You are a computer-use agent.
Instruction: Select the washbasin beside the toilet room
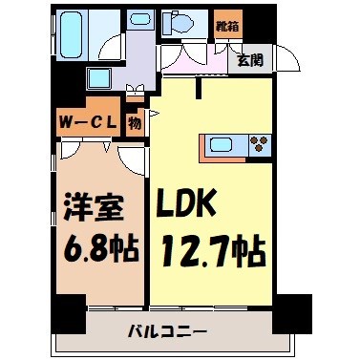click(x=139, y=21)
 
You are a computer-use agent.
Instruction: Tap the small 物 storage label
click(x=135, y=122)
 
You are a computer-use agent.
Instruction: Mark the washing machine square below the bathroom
click(x=99, y=77)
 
